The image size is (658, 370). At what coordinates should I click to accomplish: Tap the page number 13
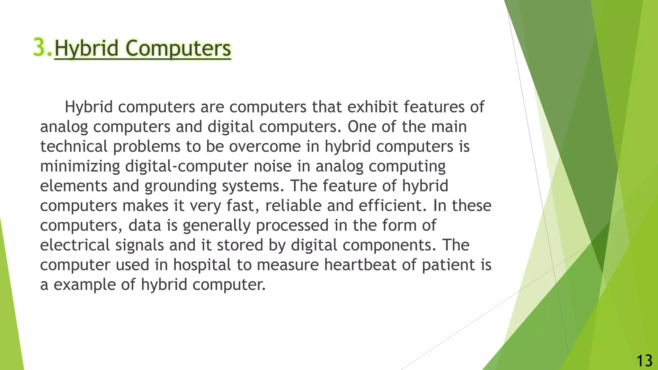pos(644,361)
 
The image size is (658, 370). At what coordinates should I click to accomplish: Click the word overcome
pos(265,146)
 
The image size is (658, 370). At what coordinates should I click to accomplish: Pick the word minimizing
pos(80,166)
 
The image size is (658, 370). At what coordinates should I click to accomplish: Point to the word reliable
pos(293,206)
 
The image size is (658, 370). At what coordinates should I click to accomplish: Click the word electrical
pos(75,245)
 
